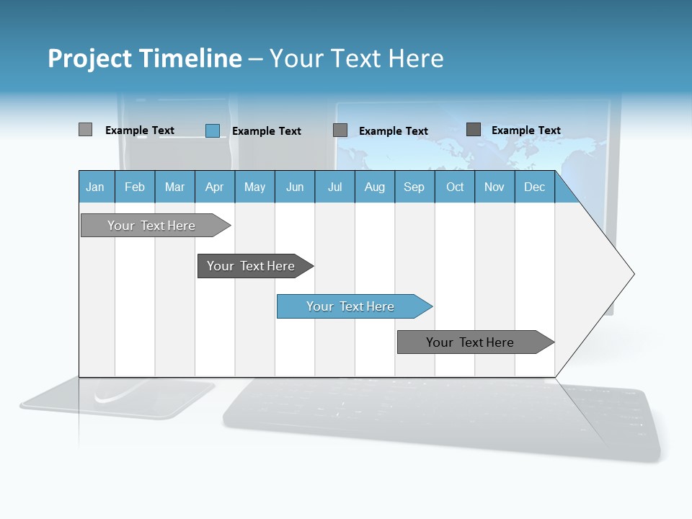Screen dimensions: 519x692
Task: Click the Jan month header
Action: coord(96,187)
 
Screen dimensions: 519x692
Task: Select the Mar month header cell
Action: coord(174,187)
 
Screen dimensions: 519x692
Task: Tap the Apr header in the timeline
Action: coord(214,187)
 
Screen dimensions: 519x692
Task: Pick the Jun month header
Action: coord(295,187)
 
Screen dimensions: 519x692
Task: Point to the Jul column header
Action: coord(334,187)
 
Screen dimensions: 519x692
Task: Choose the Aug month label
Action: coord(374,187)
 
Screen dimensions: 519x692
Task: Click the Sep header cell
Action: coord(414,187)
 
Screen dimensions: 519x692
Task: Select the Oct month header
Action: coord(455,187)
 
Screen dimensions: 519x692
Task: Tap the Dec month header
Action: coord(534,187)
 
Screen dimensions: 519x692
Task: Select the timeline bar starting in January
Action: coord(152,226)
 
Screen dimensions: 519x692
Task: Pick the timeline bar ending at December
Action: coord(471,342)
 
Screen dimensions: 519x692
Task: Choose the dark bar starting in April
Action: coord(252,266)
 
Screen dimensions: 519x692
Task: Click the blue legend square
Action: coord(213,130)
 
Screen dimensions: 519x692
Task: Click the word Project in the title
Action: coord(90,58)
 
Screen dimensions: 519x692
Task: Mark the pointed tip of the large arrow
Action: coord(632,274)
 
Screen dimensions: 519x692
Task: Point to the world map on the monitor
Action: coord(469,144)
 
